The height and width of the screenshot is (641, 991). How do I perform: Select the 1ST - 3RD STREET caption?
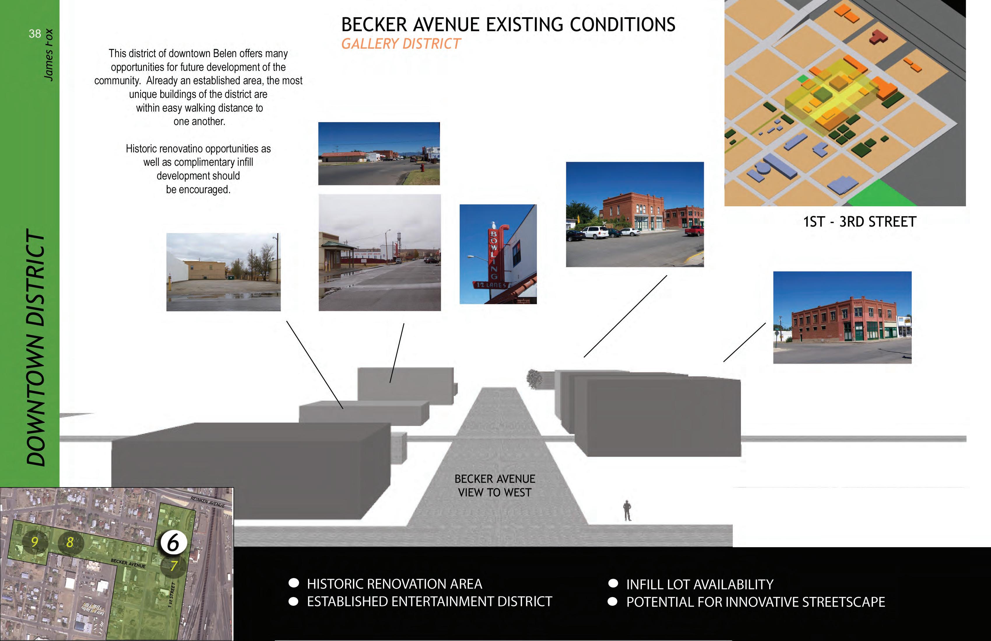(x=860, y=222)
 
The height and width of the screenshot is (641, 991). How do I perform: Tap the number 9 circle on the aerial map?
(x=35, y=542)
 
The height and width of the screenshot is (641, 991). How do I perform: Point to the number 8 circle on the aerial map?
(x=70, y=542)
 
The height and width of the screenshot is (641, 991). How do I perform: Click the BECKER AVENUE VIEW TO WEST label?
(x=495, y=485)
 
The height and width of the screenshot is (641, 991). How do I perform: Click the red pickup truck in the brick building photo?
(x=694, y=230)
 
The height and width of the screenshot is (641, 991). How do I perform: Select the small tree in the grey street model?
(x=534, y=379)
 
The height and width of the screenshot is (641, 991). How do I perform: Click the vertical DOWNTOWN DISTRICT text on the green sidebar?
(x=35, y=348)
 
